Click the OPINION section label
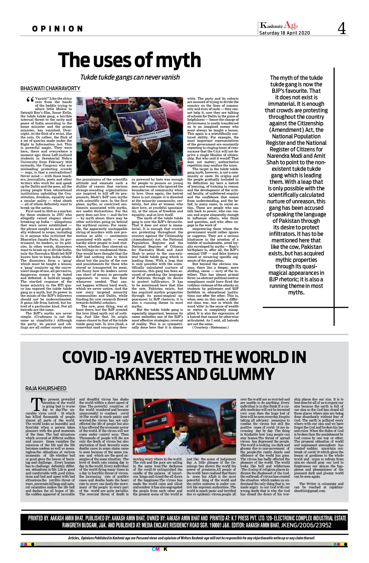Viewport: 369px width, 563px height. (57, 29)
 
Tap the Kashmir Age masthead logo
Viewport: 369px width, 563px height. (279, 25)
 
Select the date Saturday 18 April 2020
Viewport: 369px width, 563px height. (285, 33)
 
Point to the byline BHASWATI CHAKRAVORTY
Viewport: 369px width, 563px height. (50, 88)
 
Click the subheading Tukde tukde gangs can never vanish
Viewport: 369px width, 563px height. (130, 77)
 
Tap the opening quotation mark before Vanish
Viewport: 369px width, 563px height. (30, 100)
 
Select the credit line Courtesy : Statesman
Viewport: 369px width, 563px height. (210, 327)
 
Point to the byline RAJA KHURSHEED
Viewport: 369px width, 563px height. (46, 389)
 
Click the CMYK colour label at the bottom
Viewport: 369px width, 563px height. (159, 549)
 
